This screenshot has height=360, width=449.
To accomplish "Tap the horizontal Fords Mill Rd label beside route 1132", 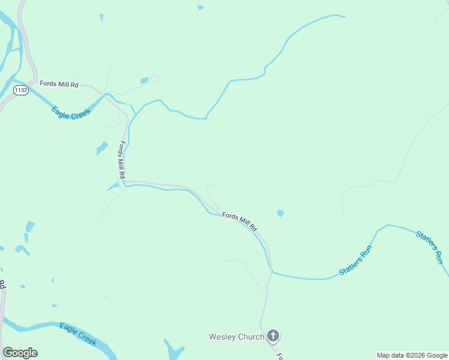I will click(59, 84).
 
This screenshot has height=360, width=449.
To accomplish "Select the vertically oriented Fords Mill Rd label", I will click(122, 160).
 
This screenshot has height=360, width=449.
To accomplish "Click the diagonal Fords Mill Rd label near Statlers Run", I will click(240, 221).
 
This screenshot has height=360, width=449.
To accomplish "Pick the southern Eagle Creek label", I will click(78, 334).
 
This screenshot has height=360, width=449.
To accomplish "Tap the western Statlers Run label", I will click(356, 260).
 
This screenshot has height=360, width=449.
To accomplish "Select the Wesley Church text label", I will click(236, 337).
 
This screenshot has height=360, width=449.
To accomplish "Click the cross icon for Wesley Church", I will click(273, 336).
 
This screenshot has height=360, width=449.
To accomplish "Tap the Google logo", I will click(20, 353).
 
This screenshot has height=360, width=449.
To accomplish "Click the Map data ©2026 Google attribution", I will click(412, 355).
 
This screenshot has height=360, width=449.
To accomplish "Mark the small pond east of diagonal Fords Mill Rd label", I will click(280, 213).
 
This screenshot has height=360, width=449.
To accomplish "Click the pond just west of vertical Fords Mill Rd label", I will click(102, 148).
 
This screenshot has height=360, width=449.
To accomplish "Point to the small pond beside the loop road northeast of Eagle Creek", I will click(145, 80).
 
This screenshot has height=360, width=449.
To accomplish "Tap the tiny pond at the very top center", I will click(200, 7).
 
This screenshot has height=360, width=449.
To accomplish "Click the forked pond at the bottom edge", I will click(173, 350).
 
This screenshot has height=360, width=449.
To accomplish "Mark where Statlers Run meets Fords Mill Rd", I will click(272, 272).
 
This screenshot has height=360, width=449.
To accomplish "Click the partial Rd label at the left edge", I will click(2, 284).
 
